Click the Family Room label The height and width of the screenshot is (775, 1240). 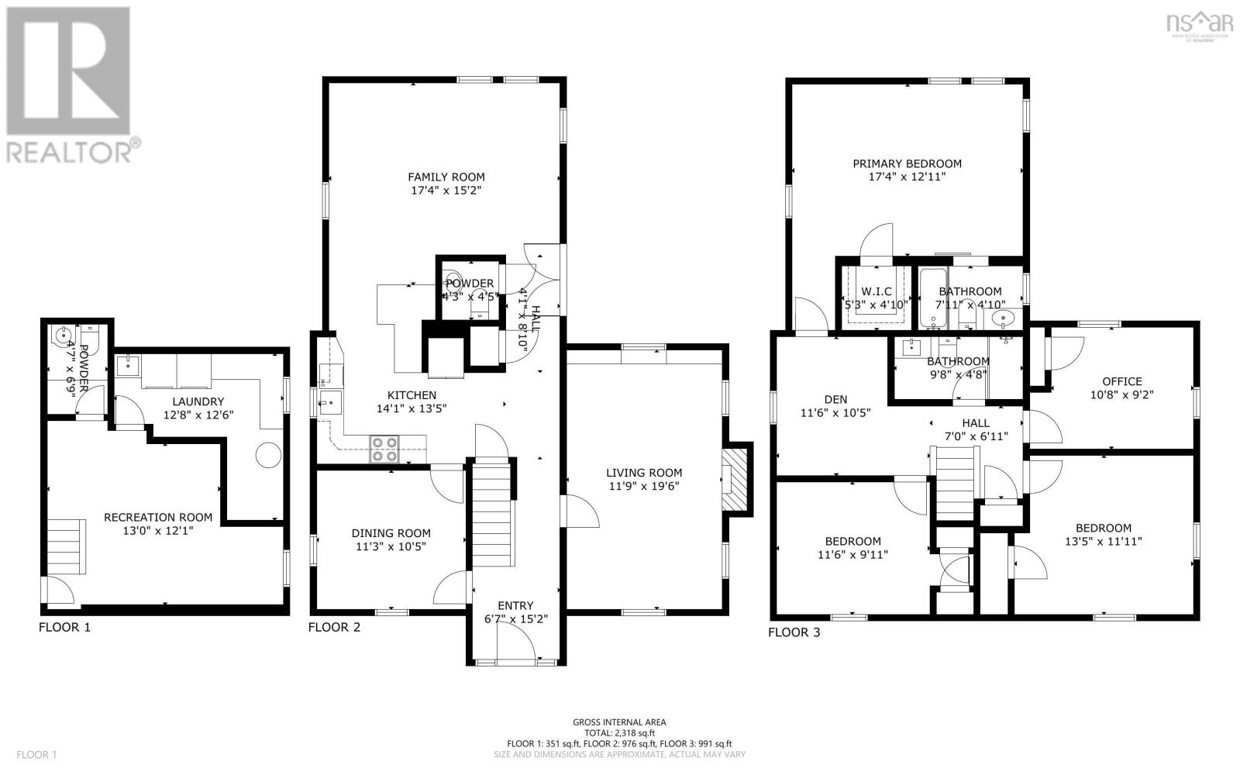coord(446,177)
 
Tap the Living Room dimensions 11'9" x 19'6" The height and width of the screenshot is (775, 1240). coord(644,487)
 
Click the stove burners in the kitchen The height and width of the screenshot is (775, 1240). coord(385,449)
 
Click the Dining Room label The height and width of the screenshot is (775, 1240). coord(391,533)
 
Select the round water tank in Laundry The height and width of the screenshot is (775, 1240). coord(268,455)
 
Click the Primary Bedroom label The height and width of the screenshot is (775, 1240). coord(907,164)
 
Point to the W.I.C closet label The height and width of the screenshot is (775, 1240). coord(876,291)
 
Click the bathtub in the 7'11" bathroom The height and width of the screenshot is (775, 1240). coord(928,298)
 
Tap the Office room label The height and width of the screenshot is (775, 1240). coord(1121,381)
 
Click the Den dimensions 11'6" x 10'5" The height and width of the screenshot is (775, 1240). coord(835,413)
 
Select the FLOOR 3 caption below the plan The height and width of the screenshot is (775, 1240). coord(794,632)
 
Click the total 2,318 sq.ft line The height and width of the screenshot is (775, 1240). coord(619,732)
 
